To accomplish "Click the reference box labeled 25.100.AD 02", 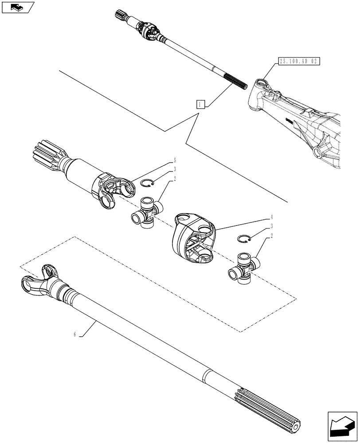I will click(x=298, y=61).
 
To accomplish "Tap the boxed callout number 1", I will click(x=201, y=105).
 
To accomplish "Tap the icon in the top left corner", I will click(x=17, y=7).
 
